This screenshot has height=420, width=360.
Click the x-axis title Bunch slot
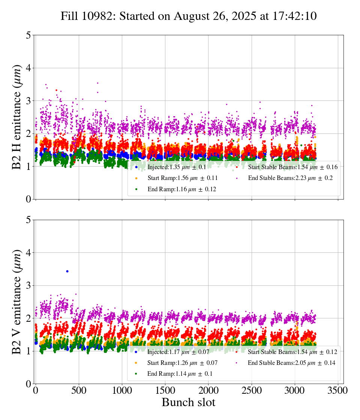tap(189, 403)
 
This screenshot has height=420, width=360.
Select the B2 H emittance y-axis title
tap(17, 117)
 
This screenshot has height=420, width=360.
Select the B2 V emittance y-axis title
tap(17, 301)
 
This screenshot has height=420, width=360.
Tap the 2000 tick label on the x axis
tap(208, 390)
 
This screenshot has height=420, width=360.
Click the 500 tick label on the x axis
tap(79, 390)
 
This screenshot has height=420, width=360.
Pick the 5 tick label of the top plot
tap(28, 36)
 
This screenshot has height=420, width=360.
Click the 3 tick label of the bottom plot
tap(28, 286)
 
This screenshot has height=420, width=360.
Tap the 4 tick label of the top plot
tap(28, 68)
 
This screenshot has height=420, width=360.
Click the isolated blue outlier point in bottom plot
tap(67, 271)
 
